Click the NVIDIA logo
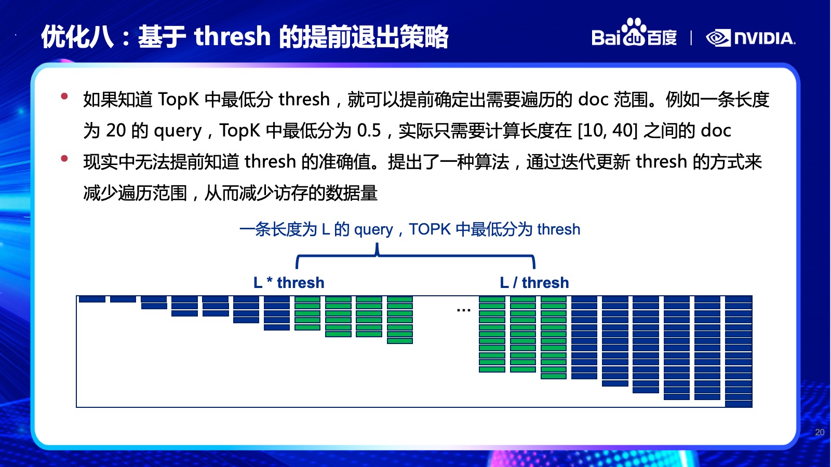750,38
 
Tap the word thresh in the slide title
232,36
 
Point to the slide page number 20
820,432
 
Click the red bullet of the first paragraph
64,97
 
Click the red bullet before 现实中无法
64,159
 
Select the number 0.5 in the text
369,130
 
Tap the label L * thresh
289,283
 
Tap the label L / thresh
534,283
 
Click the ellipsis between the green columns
464,310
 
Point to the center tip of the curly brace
377,244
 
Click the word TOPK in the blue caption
430,229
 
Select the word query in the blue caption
373,230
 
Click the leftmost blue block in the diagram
92,299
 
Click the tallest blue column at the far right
739,351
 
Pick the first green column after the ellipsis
492,334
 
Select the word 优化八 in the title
77,37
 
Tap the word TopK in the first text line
179,100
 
